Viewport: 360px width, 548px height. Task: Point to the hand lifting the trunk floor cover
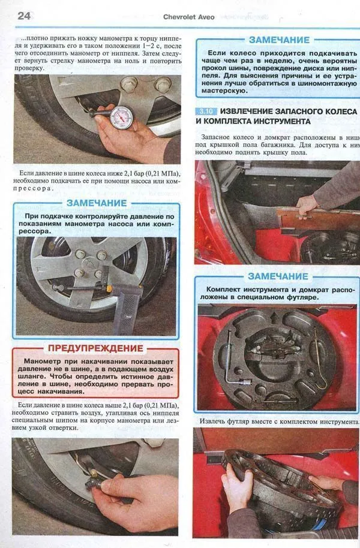(x=307, y=204)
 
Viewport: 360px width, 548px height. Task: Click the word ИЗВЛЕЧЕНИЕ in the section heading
(x=250, y=112)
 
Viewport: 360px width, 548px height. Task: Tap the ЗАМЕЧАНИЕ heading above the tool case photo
(x=277, y=276)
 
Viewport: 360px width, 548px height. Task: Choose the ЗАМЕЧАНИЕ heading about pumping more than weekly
(x=277, y=40)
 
